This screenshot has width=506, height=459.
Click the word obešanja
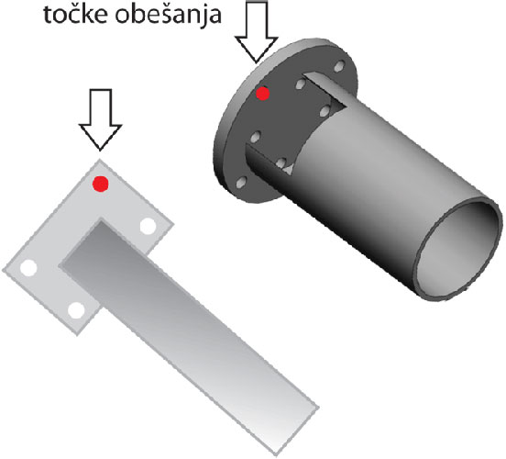tap(169, 16)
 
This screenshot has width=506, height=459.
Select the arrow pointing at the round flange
tap(257, 32)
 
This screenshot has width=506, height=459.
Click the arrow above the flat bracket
tap(100, 119)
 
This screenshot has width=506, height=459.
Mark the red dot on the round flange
tap(263, 94)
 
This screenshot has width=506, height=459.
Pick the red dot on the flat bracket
tap(100, 184)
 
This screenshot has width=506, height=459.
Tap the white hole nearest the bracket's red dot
tap(148, 226)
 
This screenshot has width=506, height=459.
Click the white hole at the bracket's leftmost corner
tap(28, 268)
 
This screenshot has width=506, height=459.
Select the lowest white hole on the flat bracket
tap(76, 310)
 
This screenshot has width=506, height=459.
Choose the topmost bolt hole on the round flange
tap(338, 67)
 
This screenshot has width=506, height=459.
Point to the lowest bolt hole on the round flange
tap(241, 183)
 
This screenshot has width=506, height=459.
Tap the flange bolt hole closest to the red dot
tap(300, 84)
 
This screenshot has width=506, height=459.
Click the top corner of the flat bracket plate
tap(99, 160)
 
